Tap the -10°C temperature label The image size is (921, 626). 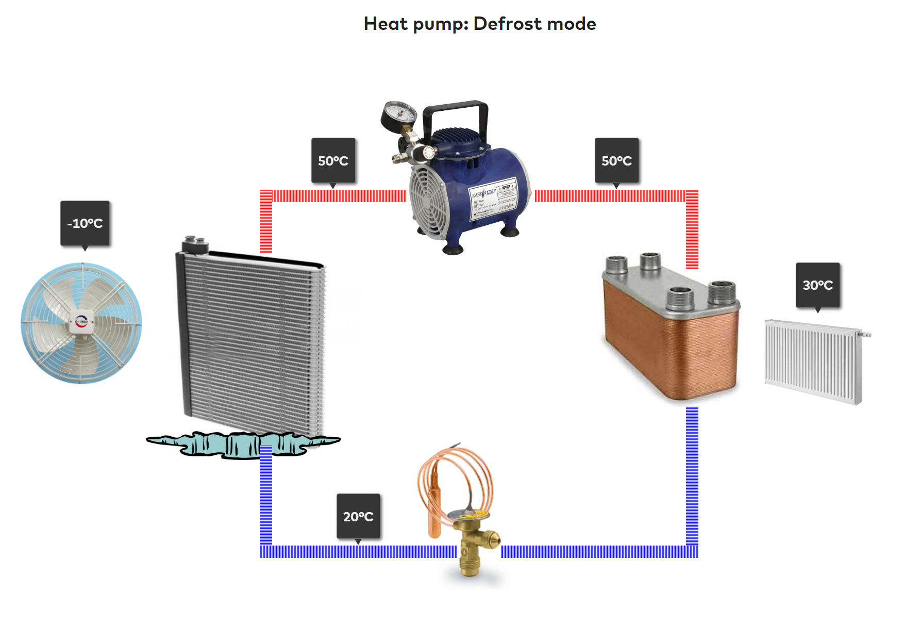click(x=85, y=223)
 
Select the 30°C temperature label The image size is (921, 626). click(x=817, y=285)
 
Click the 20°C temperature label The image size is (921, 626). click(x=358, y=516)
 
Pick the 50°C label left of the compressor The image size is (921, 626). click(x=333, y=160)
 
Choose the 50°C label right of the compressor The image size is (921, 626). click(x=616, y=160)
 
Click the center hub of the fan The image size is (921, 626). click(x=82, y=322)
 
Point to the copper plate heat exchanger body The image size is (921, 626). click(x=670, y=345)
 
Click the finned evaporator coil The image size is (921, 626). click(x=250, y=340)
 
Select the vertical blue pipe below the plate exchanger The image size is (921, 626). click(x=692, y=474)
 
